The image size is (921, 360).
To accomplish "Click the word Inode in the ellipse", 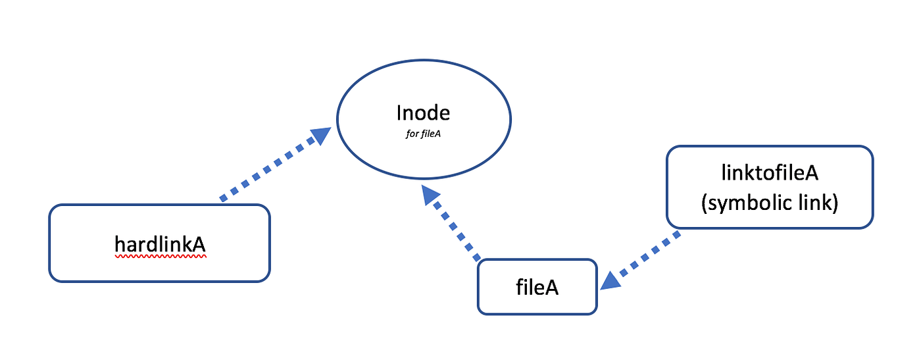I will point(423,113).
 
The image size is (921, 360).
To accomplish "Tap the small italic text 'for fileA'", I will point(423,133).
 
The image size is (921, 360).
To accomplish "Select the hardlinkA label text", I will point(160,244).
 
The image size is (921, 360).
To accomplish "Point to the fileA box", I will point(537,287).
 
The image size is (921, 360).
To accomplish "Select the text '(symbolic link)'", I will point(770,203).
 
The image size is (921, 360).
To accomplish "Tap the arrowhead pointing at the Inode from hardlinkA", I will point(320,136).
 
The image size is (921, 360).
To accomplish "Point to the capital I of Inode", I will point(399,113).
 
